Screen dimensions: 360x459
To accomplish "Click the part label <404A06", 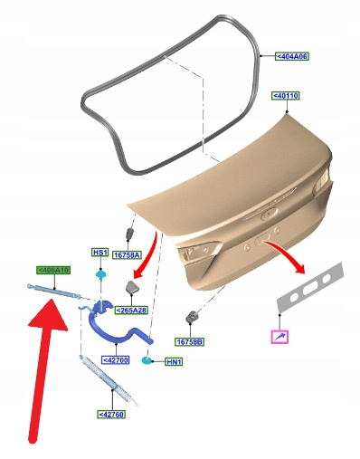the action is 292,56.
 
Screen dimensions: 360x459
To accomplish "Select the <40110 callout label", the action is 286,96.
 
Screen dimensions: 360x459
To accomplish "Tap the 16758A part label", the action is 128,255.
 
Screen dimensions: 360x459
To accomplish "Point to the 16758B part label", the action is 190,342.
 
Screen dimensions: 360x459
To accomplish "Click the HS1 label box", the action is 99,253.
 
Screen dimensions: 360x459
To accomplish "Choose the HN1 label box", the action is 174,361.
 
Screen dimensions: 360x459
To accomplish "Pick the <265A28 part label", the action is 131,311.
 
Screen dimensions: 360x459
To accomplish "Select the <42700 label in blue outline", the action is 116,360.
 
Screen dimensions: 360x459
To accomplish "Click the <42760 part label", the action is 111,415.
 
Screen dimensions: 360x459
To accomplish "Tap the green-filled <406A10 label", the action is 53,270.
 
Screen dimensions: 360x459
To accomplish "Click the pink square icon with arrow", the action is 279,337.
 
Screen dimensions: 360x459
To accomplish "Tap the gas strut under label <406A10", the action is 54,291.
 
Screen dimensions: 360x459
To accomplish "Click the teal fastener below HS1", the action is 100,274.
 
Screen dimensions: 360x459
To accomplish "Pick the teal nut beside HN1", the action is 147,359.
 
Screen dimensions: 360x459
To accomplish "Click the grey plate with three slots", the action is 310,287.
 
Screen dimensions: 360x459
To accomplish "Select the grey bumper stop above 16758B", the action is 192,316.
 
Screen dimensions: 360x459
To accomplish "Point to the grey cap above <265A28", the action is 132,287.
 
